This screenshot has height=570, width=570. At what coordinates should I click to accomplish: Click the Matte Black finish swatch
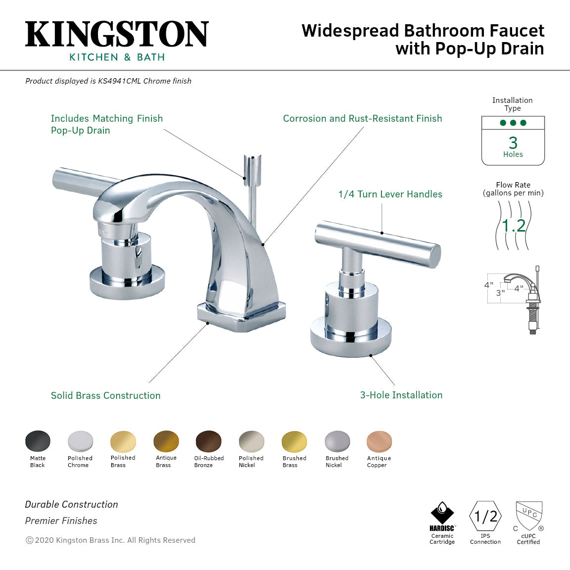coord(38,441)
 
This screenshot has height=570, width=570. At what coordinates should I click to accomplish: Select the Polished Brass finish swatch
coord(123,441)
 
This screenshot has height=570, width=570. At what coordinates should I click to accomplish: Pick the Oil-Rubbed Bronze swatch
coord(209,441)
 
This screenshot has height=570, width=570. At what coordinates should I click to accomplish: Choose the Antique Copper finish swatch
coord(379,441)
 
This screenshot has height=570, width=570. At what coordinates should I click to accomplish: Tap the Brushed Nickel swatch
coord(337,441)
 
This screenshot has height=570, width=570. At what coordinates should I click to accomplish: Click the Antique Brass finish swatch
coord(166,441)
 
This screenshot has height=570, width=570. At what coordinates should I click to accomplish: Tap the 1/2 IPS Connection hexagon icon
coord(485,517)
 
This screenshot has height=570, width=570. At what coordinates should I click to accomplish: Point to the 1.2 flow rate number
coord(514,226)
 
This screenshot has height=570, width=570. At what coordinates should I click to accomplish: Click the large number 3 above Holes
coord(513,142)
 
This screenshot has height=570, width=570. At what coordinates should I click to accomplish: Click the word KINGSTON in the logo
coord(117,35)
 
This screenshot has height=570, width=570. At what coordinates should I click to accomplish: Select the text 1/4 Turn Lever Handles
coord(390,194)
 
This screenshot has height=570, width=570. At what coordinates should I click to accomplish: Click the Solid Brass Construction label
coord(105,395)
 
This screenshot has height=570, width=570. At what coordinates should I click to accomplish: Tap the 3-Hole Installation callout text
coord(401,395)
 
